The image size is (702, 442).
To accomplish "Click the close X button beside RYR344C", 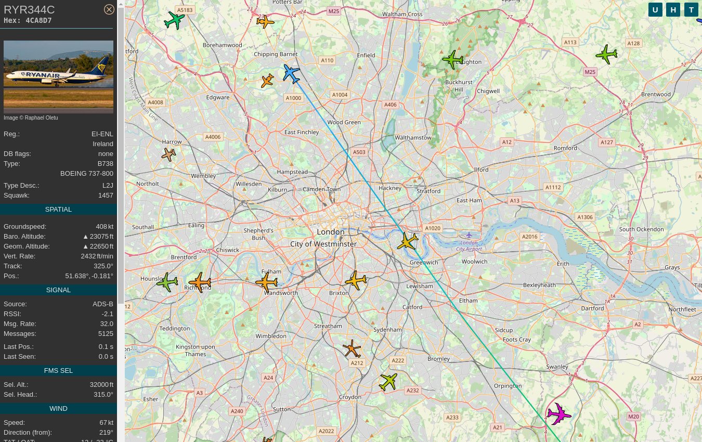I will (x=109, y=9).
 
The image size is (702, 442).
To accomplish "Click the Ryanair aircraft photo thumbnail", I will (x=58, y=76).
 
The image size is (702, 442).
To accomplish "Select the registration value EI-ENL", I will (x=102, y=134).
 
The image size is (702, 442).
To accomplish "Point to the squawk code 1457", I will (x=106, y=196).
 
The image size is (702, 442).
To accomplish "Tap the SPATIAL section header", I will (x=58, y=210).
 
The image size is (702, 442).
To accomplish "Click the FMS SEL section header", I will (x=58, y=371).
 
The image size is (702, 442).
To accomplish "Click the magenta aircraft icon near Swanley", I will (x=558, y=414).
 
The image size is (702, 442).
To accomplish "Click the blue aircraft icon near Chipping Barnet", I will (x=291, y=74).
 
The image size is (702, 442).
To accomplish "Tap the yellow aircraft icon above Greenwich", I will (x=407, y=242).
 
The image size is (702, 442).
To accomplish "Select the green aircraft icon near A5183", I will (x=174, y=20).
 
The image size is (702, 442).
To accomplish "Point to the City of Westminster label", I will (x=323, y=244).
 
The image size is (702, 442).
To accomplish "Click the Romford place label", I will (x=565, y=148).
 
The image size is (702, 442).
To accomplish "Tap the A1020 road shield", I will (x=432, y=228).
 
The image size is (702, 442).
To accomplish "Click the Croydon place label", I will (x=349, y=397).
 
